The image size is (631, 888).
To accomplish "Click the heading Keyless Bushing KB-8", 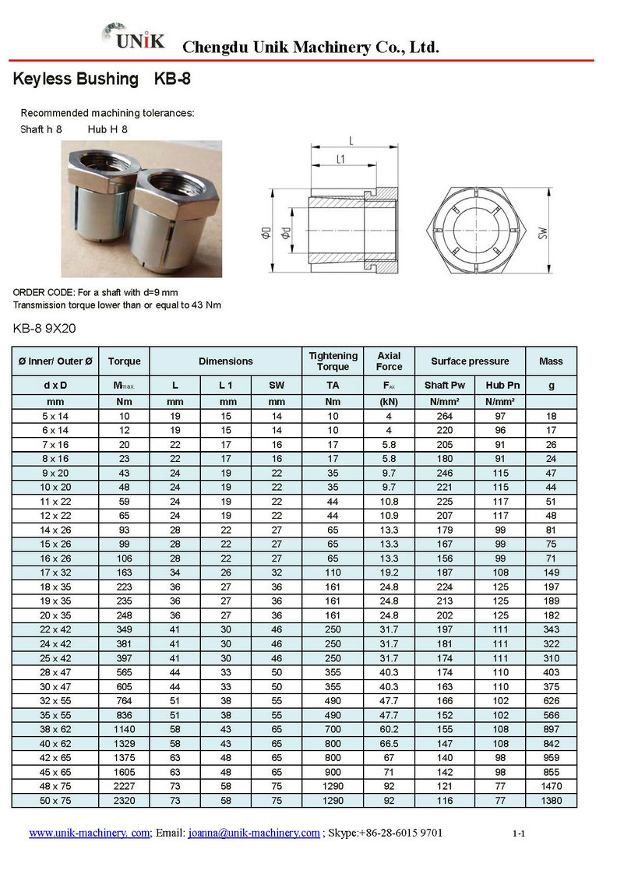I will [x=102, y=79].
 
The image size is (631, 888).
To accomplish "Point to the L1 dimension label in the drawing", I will [x=341, y=159].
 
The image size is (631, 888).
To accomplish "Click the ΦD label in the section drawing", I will [x=266, y=232].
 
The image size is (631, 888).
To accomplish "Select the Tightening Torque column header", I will [x=333, y=361].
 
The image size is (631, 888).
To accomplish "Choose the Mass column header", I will [x=551, y=361].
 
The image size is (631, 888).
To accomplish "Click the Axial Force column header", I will [x=389, y=361].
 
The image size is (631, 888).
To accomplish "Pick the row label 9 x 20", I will [x=55, y=472].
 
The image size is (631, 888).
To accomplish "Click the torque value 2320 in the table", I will [x=124, y=800].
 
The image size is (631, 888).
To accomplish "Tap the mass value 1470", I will [x=551, y=786].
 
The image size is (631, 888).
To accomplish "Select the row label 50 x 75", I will [x=55, y=800].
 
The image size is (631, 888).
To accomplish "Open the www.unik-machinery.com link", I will [x=89, y=833].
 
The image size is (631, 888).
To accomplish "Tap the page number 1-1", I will [x=519, y=834].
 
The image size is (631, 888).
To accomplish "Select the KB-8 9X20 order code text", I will [x=44, y=328].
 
